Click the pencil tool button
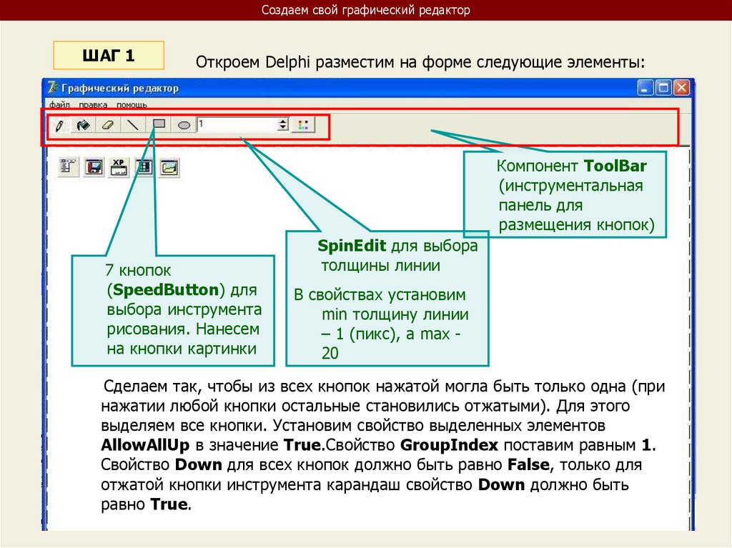coord(59,125)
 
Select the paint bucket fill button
coord(83,125)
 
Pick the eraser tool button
coord(108,125)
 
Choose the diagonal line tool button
coord(133,125)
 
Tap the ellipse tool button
coord(184,125)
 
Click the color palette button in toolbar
coord(303,125)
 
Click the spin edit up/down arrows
coord(283,125)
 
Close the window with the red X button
coord(681,88)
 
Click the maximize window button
coord(664,88)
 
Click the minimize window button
coord(647,88)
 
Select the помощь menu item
coord(132,104)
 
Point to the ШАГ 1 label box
coord(109,55)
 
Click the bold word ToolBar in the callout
coord(615,166)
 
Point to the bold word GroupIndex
coord(442,445)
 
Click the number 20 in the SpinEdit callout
coord(330,353)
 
